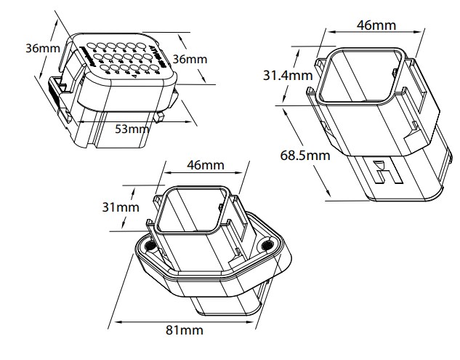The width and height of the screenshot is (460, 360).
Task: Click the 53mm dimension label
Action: [x=132, y=129]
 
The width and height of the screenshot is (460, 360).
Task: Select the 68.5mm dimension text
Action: [x=304, y=155]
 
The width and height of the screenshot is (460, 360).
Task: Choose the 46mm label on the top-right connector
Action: [x=376, y=25]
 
